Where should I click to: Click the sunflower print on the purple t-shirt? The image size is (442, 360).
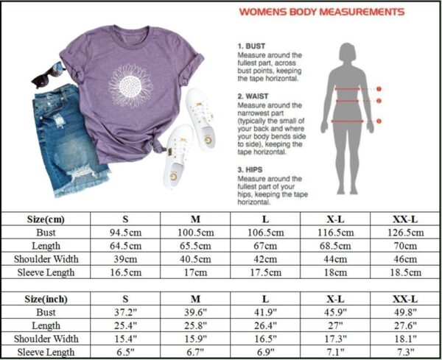point(131,85)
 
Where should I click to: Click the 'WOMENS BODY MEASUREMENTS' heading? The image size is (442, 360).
point(321,12)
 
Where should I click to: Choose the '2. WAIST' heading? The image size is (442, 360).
point(252,96)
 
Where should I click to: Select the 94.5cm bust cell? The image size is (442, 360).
point(125,233)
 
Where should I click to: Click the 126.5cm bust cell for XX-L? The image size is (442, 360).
point(405,233)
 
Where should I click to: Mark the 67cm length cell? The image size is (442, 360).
point(265,246)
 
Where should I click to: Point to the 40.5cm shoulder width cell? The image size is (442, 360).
point(195,259)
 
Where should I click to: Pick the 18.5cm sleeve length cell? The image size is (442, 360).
point(405,272)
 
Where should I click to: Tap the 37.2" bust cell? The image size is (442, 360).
point(125,313)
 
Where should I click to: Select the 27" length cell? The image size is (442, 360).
point(335,326)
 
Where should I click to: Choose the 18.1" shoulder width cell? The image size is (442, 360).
point(405,339)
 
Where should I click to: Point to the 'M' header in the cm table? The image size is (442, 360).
point(195,219)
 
